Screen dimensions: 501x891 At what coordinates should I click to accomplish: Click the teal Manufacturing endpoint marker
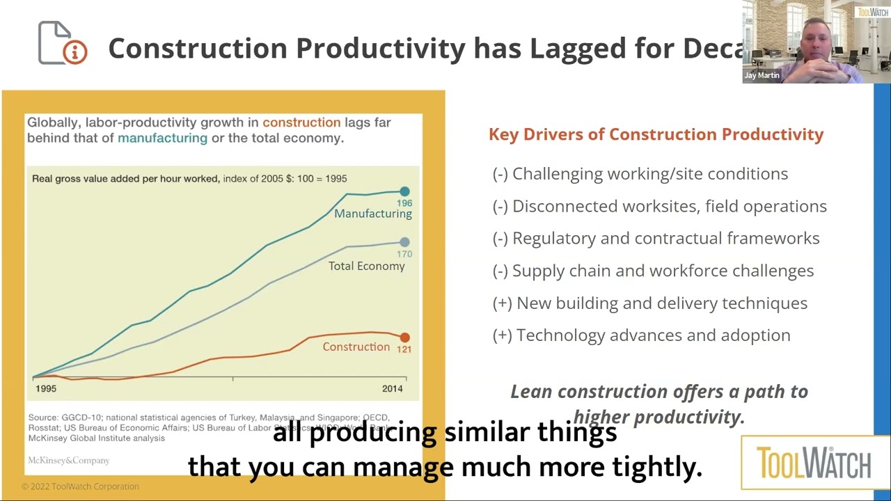tap(404, 191)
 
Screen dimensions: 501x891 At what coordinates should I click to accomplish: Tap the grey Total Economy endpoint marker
tap(404, 242)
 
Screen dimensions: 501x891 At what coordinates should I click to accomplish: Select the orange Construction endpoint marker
tap(404, 337)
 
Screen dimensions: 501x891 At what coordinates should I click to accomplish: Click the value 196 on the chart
tap(404, 203)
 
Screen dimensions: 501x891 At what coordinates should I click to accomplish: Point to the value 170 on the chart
tap(404, 254)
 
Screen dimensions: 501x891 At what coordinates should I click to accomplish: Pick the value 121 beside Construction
tap(404, 349)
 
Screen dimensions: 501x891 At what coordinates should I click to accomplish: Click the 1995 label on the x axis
tap(46, 388)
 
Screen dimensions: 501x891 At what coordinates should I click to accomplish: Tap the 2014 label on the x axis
tap(392, 388)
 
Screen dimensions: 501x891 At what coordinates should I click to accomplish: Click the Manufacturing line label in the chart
tap(373, 214)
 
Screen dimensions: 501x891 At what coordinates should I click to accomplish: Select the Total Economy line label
tap(366, 266)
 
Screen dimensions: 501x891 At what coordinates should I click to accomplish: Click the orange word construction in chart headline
tap(301, 122)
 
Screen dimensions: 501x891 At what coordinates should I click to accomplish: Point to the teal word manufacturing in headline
tap(162, 138)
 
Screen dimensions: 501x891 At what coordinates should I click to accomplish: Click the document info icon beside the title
tap(63, 43)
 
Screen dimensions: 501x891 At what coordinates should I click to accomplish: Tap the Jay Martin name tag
tap(762, 75)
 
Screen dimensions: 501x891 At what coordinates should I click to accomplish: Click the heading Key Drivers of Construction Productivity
tap(656, 134)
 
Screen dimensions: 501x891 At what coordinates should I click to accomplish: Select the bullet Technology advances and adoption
tap(641, 335)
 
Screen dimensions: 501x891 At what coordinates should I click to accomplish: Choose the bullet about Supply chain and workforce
tap(653, 271)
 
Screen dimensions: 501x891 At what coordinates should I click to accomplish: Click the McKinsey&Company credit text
tap(68, 461)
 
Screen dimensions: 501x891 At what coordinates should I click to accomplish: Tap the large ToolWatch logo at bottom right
tap(813, 463)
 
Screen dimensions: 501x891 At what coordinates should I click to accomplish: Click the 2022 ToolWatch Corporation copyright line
tap(80, 486)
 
